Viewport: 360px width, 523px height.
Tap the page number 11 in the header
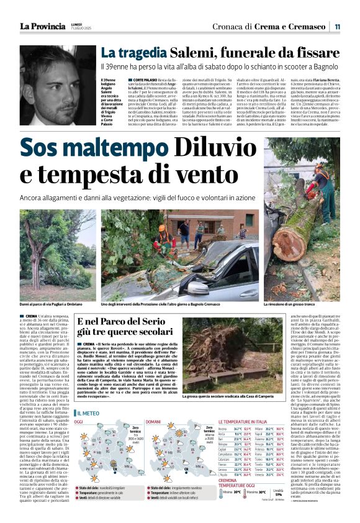pyautogui.click(x=337, y=27)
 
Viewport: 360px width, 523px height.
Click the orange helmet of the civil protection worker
pyautogui.click(x=162, y=229)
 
